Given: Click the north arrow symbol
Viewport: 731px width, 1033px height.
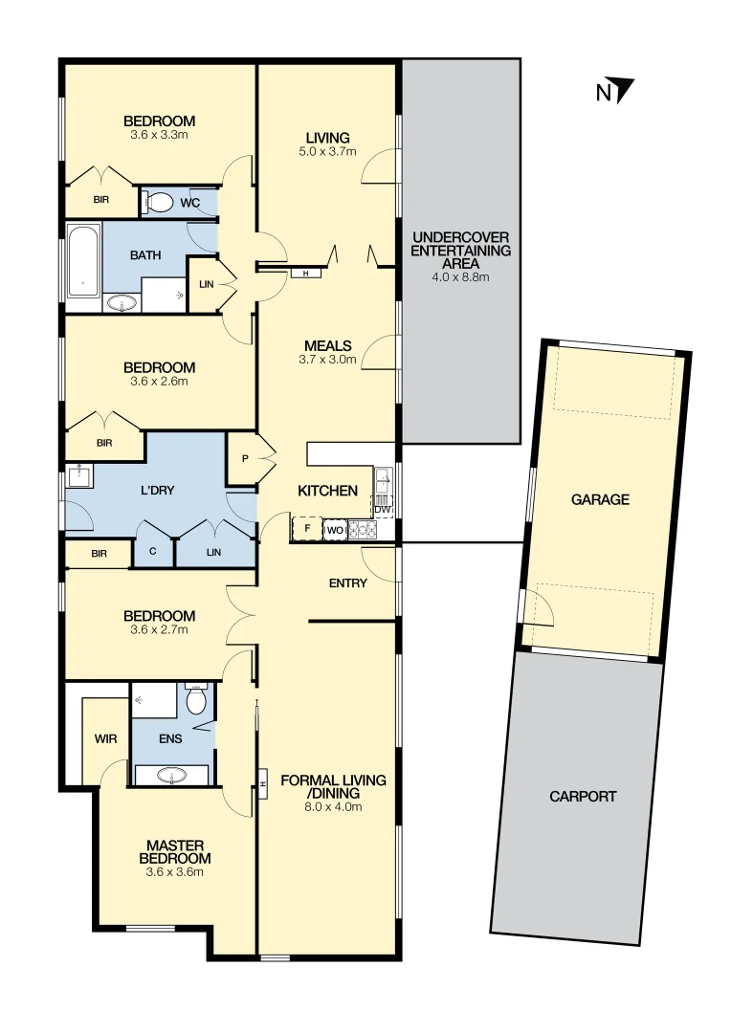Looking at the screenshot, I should click(624, 90).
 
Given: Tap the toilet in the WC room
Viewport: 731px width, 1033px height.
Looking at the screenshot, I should click(159, 202).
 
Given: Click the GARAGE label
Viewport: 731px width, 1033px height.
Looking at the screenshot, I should click(600, 499).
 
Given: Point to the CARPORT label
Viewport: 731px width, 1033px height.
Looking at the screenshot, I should click(583, 796).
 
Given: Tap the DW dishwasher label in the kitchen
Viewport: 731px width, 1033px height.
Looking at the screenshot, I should click(383, 510).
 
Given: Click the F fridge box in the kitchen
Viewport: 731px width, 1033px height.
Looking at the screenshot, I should click(307, 529).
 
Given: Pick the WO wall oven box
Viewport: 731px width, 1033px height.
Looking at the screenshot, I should click(334, 529).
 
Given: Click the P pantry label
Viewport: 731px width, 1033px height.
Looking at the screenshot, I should click(245, 459).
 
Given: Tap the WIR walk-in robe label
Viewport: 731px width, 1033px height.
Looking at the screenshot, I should click(104, 738).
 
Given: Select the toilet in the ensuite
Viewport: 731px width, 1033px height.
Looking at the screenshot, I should click(197, 700).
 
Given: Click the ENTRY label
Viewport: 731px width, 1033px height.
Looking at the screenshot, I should click(347, 582).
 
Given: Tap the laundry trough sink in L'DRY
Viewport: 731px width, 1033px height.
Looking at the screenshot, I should click(78, 475).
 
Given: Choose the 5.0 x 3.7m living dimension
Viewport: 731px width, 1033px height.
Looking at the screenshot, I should click(327, 151).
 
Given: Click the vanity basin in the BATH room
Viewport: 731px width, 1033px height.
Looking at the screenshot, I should click(122, 304).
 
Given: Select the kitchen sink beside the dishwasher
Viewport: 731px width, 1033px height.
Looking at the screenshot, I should click(383, 480).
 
